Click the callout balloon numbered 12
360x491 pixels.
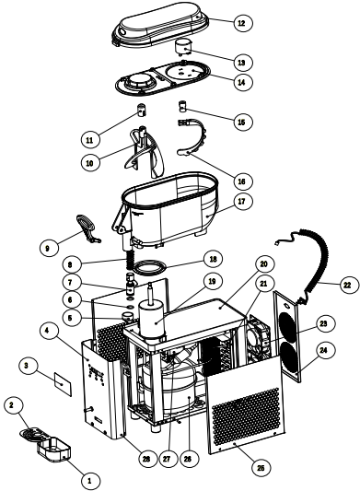[242, 20]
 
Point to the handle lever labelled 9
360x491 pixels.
[85, 224]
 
